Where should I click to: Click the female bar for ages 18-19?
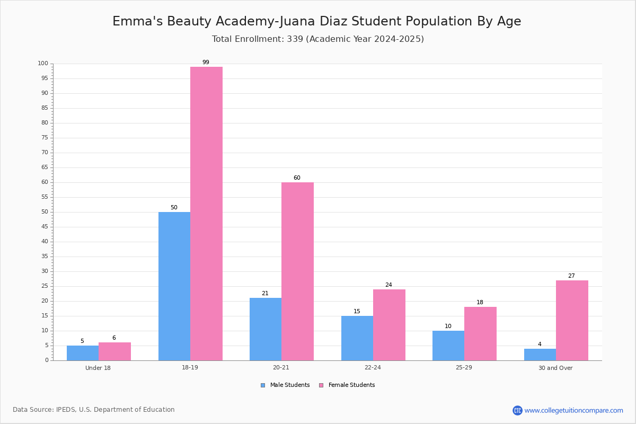coord(206,214)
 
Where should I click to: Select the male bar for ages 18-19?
coord(174,286)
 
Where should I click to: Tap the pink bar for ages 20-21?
coord(297,271)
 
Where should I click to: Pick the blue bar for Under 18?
coord(83,353)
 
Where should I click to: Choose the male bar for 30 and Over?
coord(540,355)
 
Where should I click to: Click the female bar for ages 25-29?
coord(480,334)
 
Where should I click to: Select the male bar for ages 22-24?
coord(357,338)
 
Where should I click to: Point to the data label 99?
coord(206,62)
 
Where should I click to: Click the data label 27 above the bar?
coord(571,276)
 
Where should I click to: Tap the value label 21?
coord(265,294)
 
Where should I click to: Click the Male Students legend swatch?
coord(263,385)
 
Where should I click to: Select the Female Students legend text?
coord(351,385)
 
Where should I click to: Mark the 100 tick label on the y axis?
coord(43,63)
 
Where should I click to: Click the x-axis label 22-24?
coord(373,367)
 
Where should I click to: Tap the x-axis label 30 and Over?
coord(555,368)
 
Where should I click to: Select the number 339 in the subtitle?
coord(295,39)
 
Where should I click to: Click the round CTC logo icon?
coord(517,410)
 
